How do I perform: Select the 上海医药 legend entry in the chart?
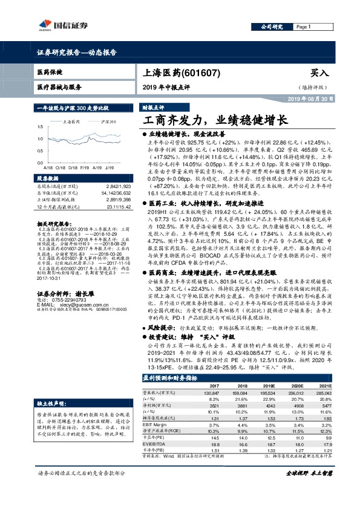tap(73, 122)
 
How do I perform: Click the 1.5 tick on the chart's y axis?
tap(41, 128)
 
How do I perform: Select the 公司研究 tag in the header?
tap(272, 27)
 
